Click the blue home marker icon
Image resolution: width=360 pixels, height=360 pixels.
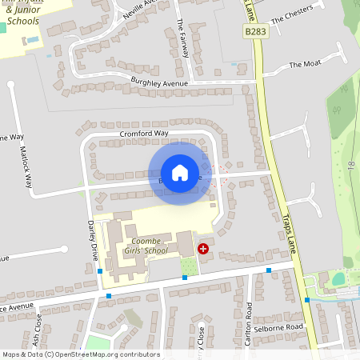(180, 172)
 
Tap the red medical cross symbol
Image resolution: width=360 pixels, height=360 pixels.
(203, 249)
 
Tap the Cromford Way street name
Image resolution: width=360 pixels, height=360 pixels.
(144, 133)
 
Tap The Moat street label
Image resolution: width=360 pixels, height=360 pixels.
(305, 64)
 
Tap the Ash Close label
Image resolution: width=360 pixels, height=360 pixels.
(38, 326)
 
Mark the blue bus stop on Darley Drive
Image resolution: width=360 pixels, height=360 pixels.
(99, 272)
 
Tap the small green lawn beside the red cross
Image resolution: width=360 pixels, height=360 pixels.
(188, 266)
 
